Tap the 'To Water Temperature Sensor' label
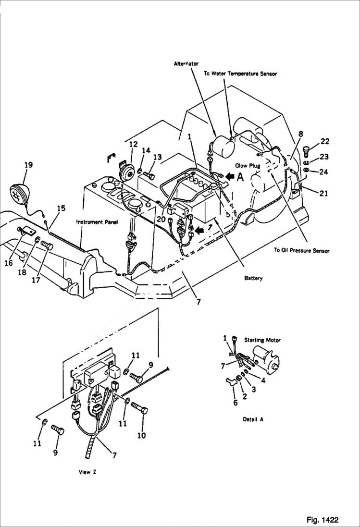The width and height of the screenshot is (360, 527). click(240, 74)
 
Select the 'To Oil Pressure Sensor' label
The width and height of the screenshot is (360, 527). click(301, 250)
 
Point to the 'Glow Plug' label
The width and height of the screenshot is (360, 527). click(248, 165)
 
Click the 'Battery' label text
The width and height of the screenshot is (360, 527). click(253, 278)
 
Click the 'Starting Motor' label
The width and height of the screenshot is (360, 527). click(262, 340)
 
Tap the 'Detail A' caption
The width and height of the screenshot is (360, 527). click(253, 419)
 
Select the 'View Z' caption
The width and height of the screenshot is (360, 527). click(87, 472)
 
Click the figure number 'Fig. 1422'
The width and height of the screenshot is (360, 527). click(322, 520)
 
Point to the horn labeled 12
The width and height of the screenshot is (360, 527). click(127, 170)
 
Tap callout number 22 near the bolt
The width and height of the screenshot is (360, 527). click(325, 141)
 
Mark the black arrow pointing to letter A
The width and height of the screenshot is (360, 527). click(229, 176)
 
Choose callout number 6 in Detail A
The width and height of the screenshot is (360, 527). click(235, 403)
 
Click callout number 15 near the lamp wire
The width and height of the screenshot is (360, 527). click(61, 208)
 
